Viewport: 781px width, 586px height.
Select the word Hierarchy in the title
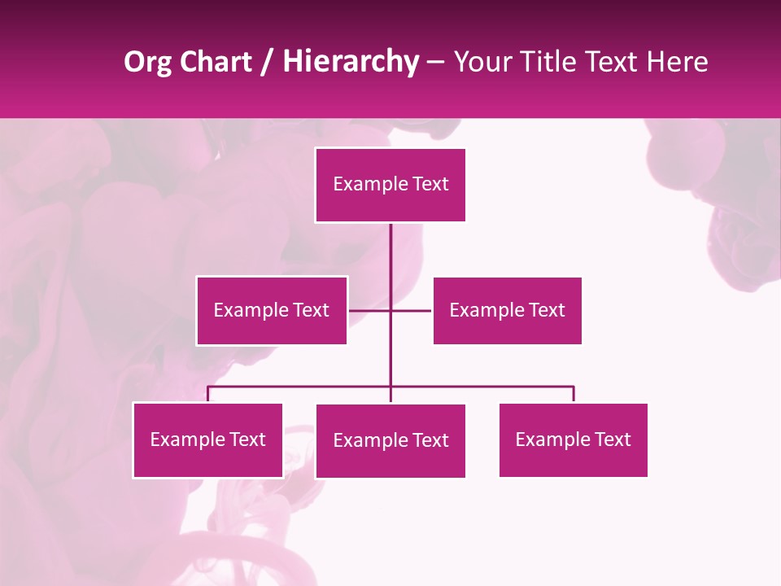click(350, 63)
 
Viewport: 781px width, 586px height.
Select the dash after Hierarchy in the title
click(435, 63)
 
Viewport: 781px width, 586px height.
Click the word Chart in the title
click(215, 63)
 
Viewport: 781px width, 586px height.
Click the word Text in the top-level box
click(431, 184)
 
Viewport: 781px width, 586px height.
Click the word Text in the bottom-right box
click(613, 439)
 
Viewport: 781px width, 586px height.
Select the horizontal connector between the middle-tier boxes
click(370, 310)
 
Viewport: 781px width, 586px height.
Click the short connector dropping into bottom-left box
click(207, 395)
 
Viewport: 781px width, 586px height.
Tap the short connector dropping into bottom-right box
click(574, 395)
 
